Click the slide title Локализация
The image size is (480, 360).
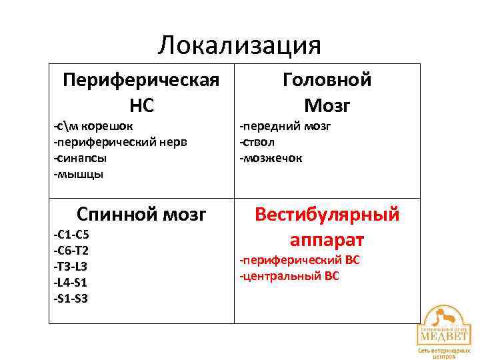tap(240, 45)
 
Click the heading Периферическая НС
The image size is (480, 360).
tap(141, 93)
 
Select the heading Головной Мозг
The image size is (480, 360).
tap(327, 93)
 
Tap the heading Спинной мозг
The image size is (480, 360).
tap(141, 215)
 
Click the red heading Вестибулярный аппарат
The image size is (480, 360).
tap(327, 227)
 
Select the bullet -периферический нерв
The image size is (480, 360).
tap(120, 141)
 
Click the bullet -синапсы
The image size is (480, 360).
tap(79, 158)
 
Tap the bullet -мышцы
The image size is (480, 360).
tap(78, 174)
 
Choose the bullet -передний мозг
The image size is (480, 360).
tap(285, 125)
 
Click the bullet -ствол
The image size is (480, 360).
tap(257, 141)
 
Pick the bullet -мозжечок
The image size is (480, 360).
tap(271, 158)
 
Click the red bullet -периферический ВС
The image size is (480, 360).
tap(300, 259)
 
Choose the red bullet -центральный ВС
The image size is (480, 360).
tap(290, 275)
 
